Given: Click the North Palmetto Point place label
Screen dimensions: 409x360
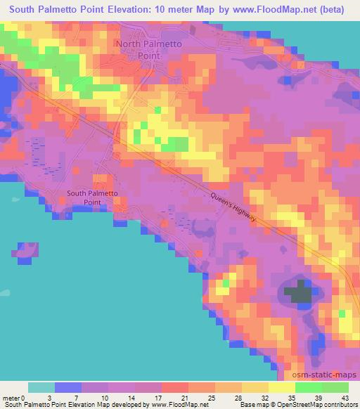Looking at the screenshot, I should (148, 49).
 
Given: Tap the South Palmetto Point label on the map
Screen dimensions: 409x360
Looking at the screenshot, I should (91, 197).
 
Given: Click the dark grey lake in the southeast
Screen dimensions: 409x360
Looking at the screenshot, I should (298, 291).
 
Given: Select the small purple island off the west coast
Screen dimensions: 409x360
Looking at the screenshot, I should (26, 252).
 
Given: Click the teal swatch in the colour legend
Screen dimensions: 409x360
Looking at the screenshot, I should (41, 387).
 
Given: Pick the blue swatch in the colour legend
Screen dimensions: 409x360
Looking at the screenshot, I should (68, 387).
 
